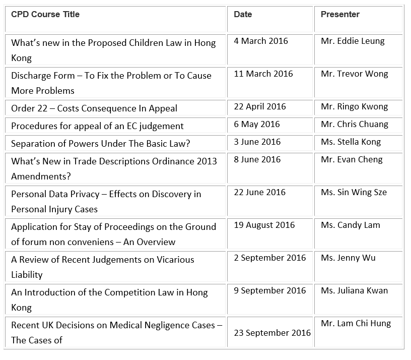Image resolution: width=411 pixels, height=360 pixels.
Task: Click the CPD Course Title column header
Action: coord(45,14)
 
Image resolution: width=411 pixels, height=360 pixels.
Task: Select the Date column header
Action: coord(243,14)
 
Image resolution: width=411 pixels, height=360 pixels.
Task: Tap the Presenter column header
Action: coord(340,14)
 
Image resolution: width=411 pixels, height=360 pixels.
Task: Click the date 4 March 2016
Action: coord(261,41)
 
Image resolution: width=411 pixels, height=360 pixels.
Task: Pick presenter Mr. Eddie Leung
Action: coord(353,41)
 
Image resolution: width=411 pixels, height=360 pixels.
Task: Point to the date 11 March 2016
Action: coord(263,74)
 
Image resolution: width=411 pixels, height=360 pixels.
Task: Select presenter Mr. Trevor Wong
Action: coord(355,74)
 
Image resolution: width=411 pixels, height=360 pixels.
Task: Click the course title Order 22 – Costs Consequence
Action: coord(94,108)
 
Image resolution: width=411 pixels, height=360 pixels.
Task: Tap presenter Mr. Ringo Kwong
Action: coord(355,106)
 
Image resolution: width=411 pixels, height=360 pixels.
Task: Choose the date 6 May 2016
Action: coord(257,124)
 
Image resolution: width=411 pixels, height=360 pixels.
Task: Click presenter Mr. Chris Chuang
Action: coord(355,124)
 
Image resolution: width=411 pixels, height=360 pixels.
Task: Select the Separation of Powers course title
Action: coord(101,144)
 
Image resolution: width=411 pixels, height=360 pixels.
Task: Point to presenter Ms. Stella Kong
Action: coord(351,142)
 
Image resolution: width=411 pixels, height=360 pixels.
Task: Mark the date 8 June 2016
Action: coord(257,159)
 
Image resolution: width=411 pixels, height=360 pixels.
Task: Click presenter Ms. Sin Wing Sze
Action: coord(354,192)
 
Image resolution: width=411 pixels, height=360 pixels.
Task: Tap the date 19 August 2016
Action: coord(264,225)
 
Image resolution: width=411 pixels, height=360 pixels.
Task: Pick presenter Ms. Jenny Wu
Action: coord(348,258)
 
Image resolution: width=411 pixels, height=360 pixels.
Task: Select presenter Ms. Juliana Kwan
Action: coord(355,290)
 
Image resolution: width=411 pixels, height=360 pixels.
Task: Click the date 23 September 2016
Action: coord(272,333)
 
